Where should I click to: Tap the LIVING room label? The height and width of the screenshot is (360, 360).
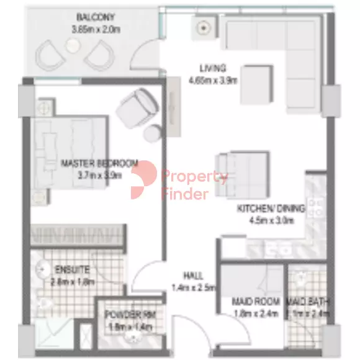point(212,68)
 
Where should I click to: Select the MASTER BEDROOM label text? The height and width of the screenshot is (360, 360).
point(99,164)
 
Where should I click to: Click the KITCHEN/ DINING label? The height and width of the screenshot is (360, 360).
point(271,210)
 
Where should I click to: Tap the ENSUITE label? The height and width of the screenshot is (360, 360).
point(73,271)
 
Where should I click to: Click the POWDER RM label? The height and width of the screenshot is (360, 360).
point(130,315)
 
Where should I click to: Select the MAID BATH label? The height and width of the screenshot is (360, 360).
point(307,302)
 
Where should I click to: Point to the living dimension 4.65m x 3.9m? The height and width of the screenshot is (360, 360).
point(212,79)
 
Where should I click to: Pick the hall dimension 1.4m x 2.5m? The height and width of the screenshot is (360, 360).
point(192,287)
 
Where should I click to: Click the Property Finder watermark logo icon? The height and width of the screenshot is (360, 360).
point(143,180)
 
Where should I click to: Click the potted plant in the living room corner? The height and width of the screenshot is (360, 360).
point(204,27)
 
